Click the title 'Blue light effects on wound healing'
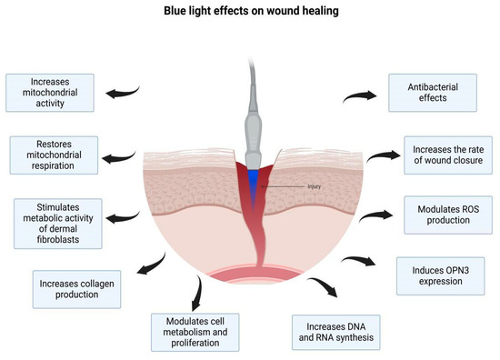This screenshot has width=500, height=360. click(x=250, y=11)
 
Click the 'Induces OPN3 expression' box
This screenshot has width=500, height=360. click(x=440, y=275)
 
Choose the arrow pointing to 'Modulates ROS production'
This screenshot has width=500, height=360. click(x=369, y=215)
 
